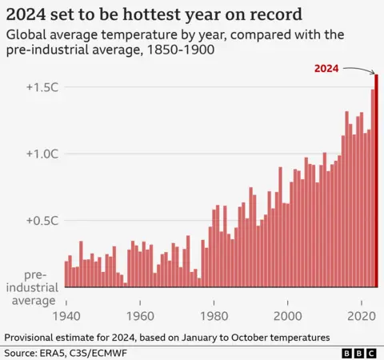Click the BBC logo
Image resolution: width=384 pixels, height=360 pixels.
pyautogui.click(x=359, y=352)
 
